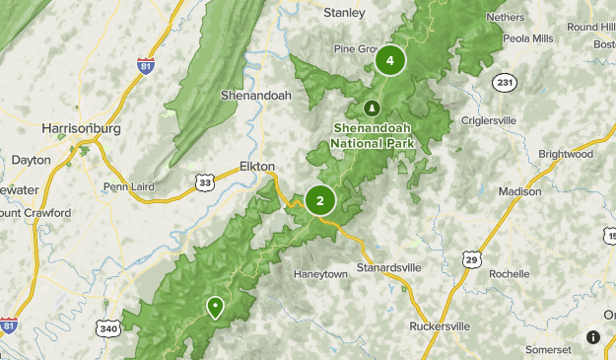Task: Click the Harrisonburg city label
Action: click(x=80, y=128)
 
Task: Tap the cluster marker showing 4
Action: click(x=390, y=61)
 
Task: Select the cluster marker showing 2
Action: click(x=320, y=200)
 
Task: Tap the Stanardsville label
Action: click(x=389, y=267)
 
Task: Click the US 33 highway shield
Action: click(x=204, y=182)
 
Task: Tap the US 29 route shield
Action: click(x=471, y=258)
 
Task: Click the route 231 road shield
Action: click(x=505, y=82)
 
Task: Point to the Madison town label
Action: click(x=519, y=191)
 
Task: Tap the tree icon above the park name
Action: click(x=372, y=108)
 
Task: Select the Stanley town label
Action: click(x=345, y=13)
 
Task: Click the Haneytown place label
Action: click(x=320, y=273)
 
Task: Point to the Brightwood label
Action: click(x=566, y=155)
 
